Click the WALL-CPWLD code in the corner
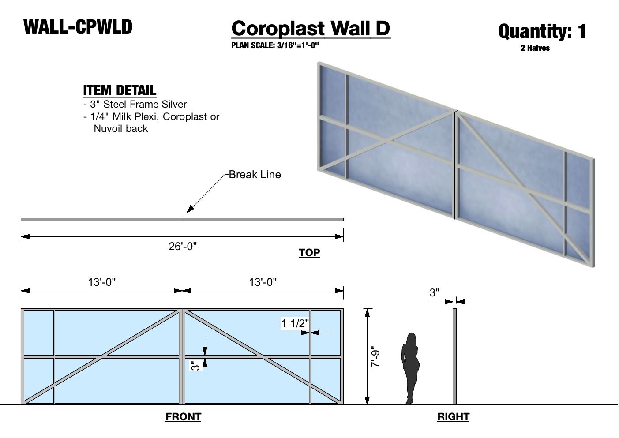[x=78, y=27]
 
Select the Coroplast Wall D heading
[x=311, y=29]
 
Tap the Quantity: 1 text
[x=542, y=31]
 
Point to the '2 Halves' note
[x=535, y=48]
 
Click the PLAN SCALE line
[x=275, y=45]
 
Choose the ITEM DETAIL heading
[x=120, y=90]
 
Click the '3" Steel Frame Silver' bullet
[x=135, y=105]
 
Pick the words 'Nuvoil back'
[x=121, y=129]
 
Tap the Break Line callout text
[x=255, y=175]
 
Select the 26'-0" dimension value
[x=183, y=246]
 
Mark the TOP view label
[x=309, y=253]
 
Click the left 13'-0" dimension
[x=102, y=282]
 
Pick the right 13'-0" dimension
[x=263, y=282]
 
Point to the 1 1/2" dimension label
[x=295, y=324]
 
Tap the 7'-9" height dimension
[x=375, y=356]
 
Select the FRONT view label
[x=183, y=417]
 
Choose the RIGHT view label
[x=453, y=417]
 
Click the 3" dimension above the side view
[x=435, y=292]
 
